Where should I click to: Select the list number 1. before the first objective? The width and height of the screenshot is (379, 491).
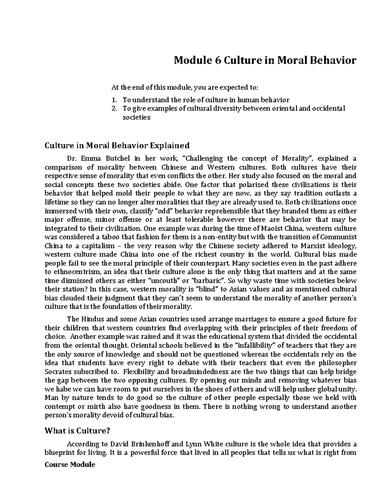pos(115,100)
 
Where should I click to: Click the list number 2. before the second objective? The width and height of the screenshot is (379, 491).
pos(115,109)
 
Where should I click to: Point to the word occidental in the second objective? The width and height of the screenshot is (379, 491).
pos(329,109)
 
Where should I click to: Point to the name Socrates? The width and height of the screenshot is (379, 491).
pos(58,372)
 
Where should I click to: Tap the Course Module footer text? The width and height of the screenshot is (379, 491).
pos(70,465)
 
